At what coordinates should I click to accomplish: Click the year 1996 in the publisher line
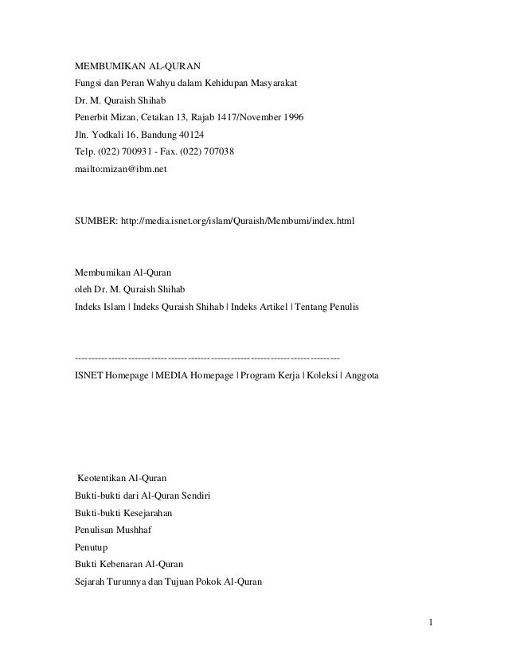pyautogui.click(x=292, y=118)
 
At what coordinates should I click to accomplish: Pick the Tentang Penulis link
pyautogui.click(x=327, y=306)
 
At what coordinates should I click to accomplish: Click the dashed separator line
pyautogui.click(x=206, y=356)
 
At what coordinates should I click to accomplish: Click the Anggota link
pyautogui.click(x=362, y=374)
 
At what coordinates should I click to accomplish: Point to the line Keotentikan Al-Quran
pyautogui.click(x=122, y=478)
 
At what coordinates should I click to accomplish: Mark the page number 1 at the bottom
pyautogui.click(x=430, y=622)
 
